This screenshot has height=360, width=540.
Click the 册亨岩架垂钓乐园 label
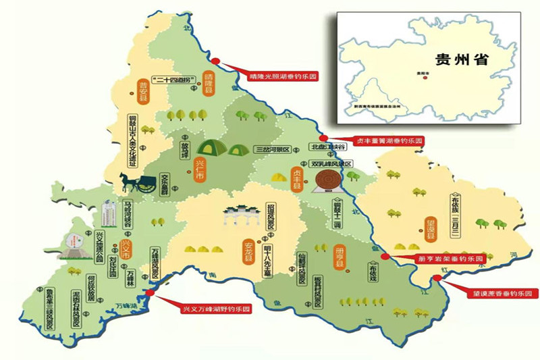pyautogui.click(x=448, y=259)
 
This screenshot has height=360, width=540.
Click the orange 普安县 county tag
pyautogui.click(x=142, y=92)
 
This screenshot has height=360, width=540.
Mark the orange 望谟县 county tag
pyautogui.click(x=431, y=228)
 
